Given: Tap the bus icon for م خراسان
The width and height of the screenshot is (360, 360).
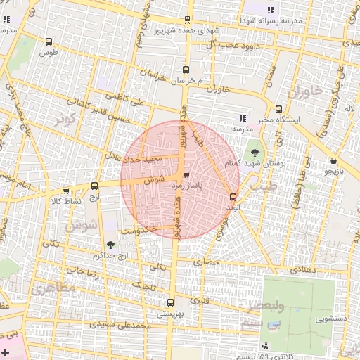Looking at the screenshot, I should (186, 70).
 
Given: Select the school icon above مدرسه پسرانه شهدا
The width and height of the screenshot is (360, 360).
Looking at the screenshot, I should (271, 9).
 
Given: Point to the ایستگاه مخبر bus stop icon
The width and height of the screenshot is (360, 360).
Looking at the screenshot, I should (279, 109).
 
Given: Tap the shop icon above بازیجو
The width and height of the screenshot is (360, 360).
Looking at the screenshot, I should (333, 160).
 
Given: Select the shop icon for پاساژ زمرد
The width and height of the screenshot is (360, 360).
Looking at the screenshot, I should (186, 175).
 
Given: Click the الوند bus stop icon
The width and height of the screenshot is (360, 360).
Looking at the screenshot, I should (233, 197).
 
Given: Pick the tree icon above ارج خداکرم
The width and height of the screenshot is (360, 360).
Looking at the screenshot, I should (110, 244).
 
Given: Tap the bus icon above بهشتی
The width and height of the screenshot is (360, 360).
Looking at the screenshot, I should (170, 302).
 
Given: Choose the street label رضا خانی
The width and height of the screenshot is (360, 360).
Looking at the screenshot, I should (81, 270).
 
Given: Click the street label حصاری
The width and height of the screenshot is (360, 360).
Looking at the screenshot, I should (212, 262).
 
